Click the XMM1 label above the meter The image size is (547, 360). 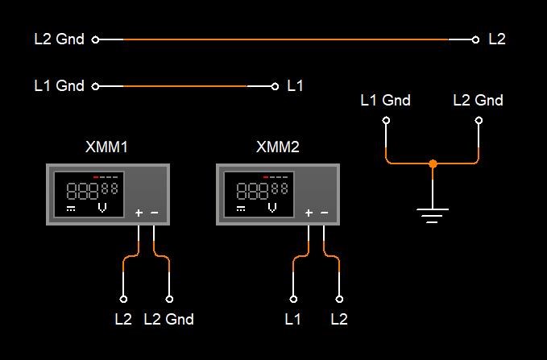(106, 147)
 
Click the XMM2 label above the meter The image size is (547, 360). (278, 147)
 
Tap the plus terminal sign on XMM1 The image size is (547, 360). (139, 213)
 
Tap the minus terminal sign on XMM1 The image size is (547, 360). (154, 213)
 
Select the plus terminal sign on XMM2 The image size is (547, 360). (309, 213)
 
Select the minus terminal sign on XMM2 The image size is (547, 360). (324, 213)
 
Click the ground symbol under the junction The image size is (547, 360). (433, 215)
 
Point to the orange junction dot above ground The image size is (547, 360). (433, 163)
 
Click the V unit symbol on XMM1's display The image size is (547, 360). (102, 208)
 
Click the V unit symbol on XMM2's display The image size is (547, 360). (272, 208)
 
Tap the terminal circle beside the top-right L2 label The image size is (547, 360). (475, 39)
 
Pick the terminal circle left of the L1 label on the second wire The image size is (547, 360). (275, 86)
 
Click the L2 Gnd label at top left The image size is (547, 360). (60, 39)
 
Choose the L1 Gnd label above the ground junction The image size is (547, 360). (386, 101)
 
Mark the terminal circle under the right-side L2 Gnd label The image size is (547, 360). (479, 120)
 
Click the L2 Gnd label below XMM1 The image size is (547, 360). (169, 319)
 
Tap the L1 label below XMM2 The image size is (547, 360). (292, 319)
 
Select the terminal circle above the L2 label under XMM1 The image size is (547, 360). (123, 299)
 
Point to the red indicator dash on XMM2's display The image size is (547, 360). (266, 177)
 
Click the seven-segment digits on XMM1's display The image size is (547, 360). (92, 190)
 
